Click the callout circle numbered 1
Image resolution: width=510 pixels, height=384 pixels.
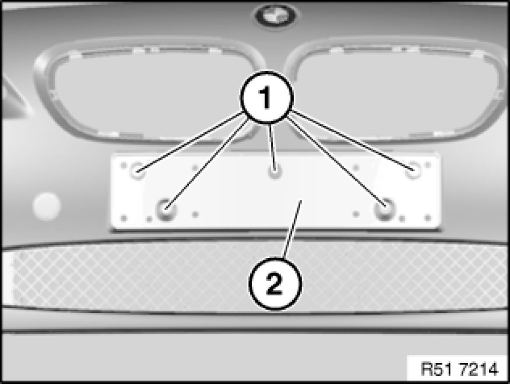coord(267,97)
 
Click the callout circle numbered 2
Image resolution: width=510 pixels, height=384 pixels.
coord(275,284)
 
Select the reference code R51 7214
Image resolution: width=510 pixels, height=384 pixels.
coord(459,369)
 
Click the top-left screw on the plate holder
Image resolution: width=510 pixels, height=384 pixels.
coord(138,170)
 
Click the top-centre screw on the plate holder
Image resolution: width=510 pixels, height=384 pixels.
coord(275,171)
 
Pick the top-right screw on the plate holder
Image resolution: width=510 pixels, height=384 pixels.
coord(413,170)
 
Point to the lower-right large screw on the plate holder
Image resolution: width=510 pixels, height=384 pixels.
coord(385,209)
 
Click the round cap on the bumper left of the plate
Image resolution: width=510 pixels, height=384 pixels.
coord(47,206)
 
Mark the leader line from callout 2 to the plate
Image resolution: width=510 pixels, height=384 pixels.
coord(293,229)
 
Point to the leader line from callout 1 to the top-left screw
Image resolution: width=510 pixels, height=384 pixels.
coord(190,141)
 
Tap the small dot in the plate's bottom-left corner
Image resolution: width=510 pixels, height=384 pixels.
coord(124,218)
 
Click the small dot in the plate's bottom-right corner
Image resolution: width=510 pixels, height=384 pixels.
coord(428,218)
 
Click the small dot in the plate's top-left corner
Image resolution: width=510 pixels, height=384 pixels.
coord(124,165)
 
